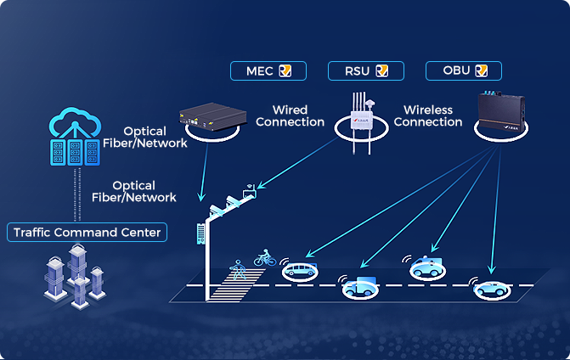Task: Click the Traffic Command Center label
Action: click(87, 232)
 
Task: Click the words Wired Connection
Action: click(290, 116)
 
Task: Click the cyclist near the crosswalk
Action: click(265, 256)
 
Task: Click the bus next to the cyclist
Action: click(302, 271)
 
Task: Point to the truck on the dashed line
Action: click(362, 287)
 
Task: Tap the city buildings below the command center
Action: click(76, 276)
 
